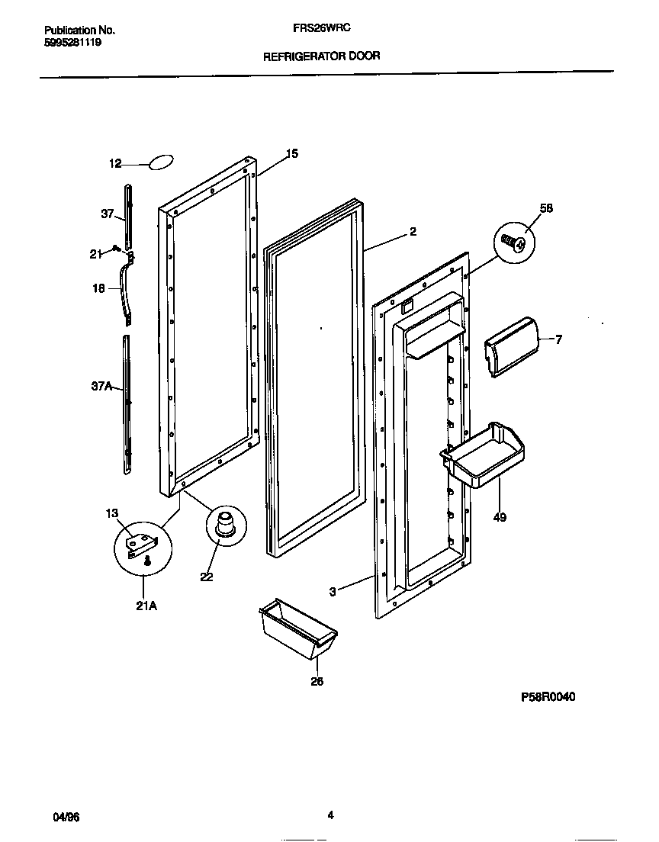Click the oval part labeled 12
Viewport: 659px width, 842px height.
[x=162, y=162]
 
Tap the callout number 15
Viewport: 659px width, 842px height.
[x=292, y=154]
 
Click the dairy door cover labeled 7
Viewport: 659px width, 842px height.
[x=511, y=345]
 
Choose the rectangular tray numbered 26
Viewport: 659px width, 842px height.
[x=298, y=628]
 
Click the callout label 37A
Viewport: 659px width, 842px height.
[x=102, y=387]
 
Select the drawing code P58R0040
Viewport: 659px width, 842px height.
[x=548, y=696]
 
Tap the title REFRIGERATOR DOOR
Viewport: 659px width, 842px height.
[x=321, y=56]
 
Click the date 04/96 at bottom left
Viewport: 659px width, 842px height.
[x=66, y=816]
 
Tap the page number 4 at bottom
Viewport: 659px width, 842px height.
[x=330, y=815]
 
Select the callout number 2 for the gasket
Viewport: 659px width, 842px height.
[x=413, y=232]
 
